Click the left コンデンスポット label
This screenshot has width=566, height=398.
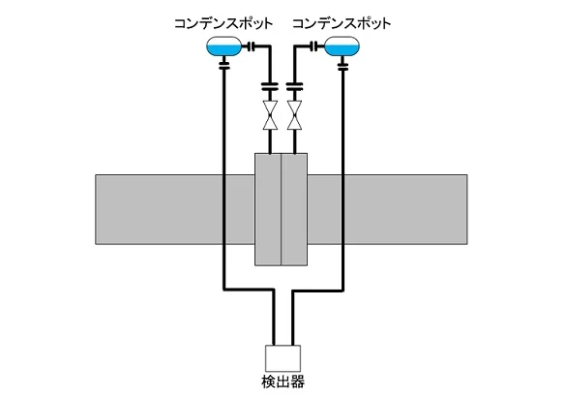223,24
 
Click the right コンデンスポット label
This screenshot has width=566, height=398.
342,24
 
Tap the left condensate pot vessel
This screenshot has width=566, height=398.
223,46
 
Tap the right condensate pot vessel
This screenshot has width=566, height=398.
343,46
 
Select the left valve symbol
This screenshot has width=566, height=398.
270,115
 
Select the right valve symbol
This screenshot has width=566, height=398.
294,115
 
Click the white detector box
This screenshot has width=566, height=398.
283,358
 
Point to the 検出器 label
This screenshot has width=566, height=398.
283,382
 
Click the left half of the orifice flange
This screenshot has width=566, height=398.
268,209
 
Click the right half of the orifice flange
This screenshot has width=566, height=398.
294,209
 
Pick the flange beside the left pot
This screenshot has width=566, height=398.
253,46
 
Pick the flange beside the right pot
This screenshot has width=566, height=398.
314,46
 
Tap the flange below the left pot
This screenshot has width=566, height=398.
224,66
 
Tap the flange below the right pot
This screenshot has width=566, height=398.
343,66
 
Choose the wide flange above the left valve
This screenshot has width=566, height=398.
270,86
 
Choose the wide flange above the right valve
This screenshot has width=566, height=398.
294,86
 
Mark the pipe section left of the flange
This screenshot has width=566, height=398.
175,209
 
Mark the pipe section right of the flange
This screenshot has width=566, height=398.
388,209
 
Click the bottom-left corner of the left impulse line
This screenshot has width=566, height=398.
224,290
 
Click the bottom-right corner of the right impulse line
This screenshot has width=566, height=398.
343,290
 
